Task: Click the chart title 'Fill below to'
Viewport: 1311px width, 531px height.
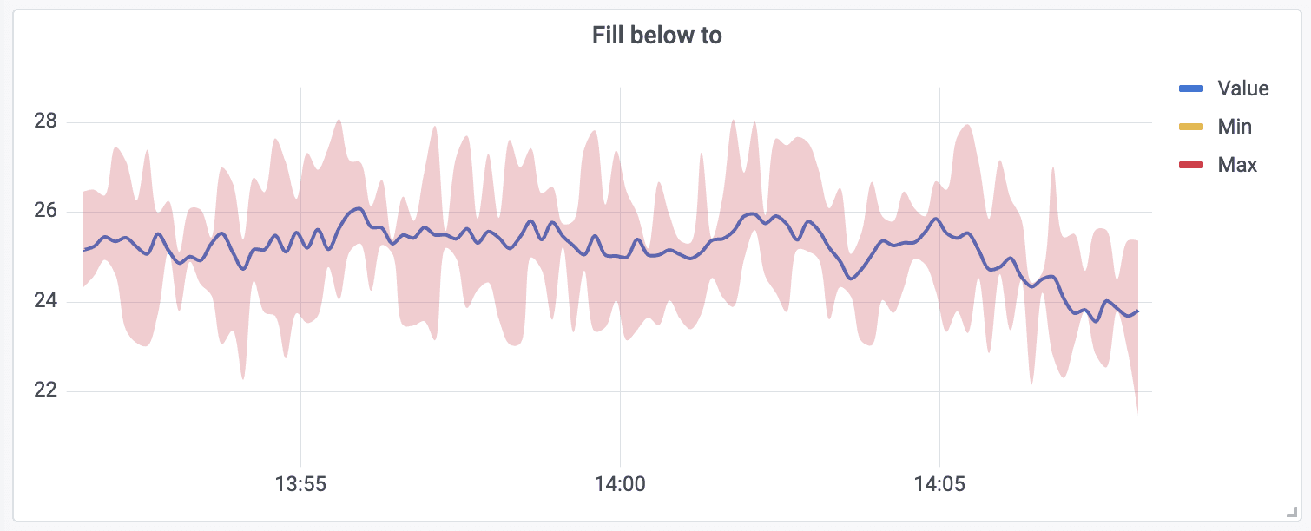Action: (x=656, y=36)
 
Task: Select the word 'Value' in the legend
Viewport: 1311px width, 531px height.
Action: (x=1242, y=88)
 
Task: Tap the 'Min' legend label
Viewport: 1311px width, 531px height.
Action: (x=1235, y=127)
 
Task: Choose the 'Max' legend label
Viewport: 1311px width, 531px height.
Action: (x=1237, y=165)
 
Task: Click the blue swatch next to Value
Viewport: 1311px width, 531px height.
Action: (x=1190, y=88)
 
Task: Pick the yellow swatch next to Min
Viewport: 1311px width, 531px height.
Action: (x=1190, y=127)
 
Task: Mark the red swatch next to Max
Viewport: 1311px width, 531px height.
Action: (x=1190, y=165)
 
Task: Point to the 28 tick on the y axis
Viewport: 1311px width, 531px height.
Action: (x=45, y=121)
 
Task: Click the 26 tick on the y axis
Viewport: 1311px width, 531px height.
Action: (x=45, y=212)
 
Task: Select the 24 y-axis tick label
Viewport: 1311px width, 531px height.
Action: (x=45, y=302)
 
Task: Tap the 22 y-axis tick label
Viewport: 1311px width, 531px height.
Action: (x=45, y=391)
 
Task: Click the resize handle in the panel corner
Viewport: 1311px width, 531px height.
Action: (x=1291, y=513)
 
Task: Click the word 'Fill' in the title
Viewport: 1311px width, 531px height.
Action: (x=607, y=36)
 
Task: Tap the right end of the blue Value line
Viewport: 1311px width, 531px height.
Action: (x=1137, y=311)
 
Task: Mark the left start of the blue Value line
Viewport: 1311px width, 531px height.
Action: (x=84, y=250)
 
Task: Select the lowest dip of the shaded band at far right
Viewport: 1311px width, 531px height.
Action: (x=1137, y=413)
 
